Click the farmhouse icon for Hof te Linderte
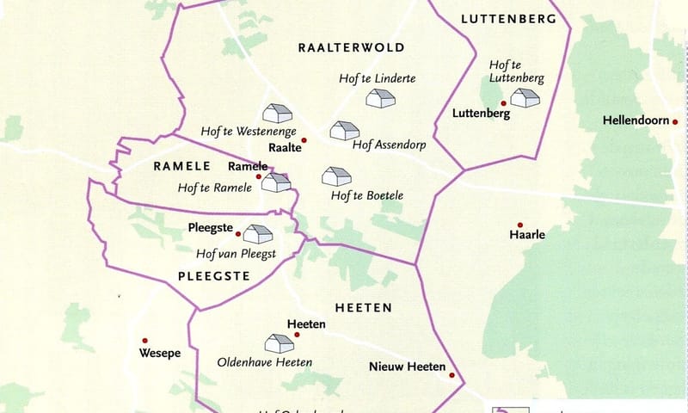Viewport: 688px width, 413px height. coord(378,99)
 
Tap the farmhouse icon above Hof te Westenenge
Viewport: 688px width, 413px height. coord(277,114)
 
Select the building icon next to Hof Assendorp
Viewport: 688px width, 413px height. coord(344,131)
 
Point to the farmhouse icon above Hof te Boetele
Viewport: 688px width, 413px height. coord(335,176)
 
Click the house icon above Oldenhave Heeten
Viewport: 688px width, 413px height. coord(279,343)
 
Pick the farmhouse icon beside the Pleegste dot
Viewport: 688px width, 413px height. coord(257,233)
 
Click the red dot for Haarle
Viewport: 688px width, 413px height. coord(519,225)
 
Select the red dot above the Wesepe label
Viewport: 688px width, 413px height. coord(145,340)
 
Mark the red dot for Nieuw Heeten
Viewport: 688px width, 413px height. coord(451,374)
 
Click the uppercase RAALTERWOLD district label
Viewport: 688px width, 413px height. coord(351,47)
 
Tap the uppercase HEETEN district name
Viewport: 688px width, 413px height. coord(363,307)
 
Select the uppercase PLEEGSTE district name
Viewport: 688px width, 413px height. coord(214,276)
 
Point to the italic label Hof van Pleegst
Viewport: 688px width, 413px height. coord(236,254)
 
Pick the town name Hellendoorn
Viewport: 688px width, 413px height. coord(635,121)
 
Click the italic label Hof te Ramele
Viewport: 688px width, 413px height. coord(214,188)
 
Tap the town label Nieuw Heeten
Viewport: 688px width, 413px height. coord(407,367)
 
